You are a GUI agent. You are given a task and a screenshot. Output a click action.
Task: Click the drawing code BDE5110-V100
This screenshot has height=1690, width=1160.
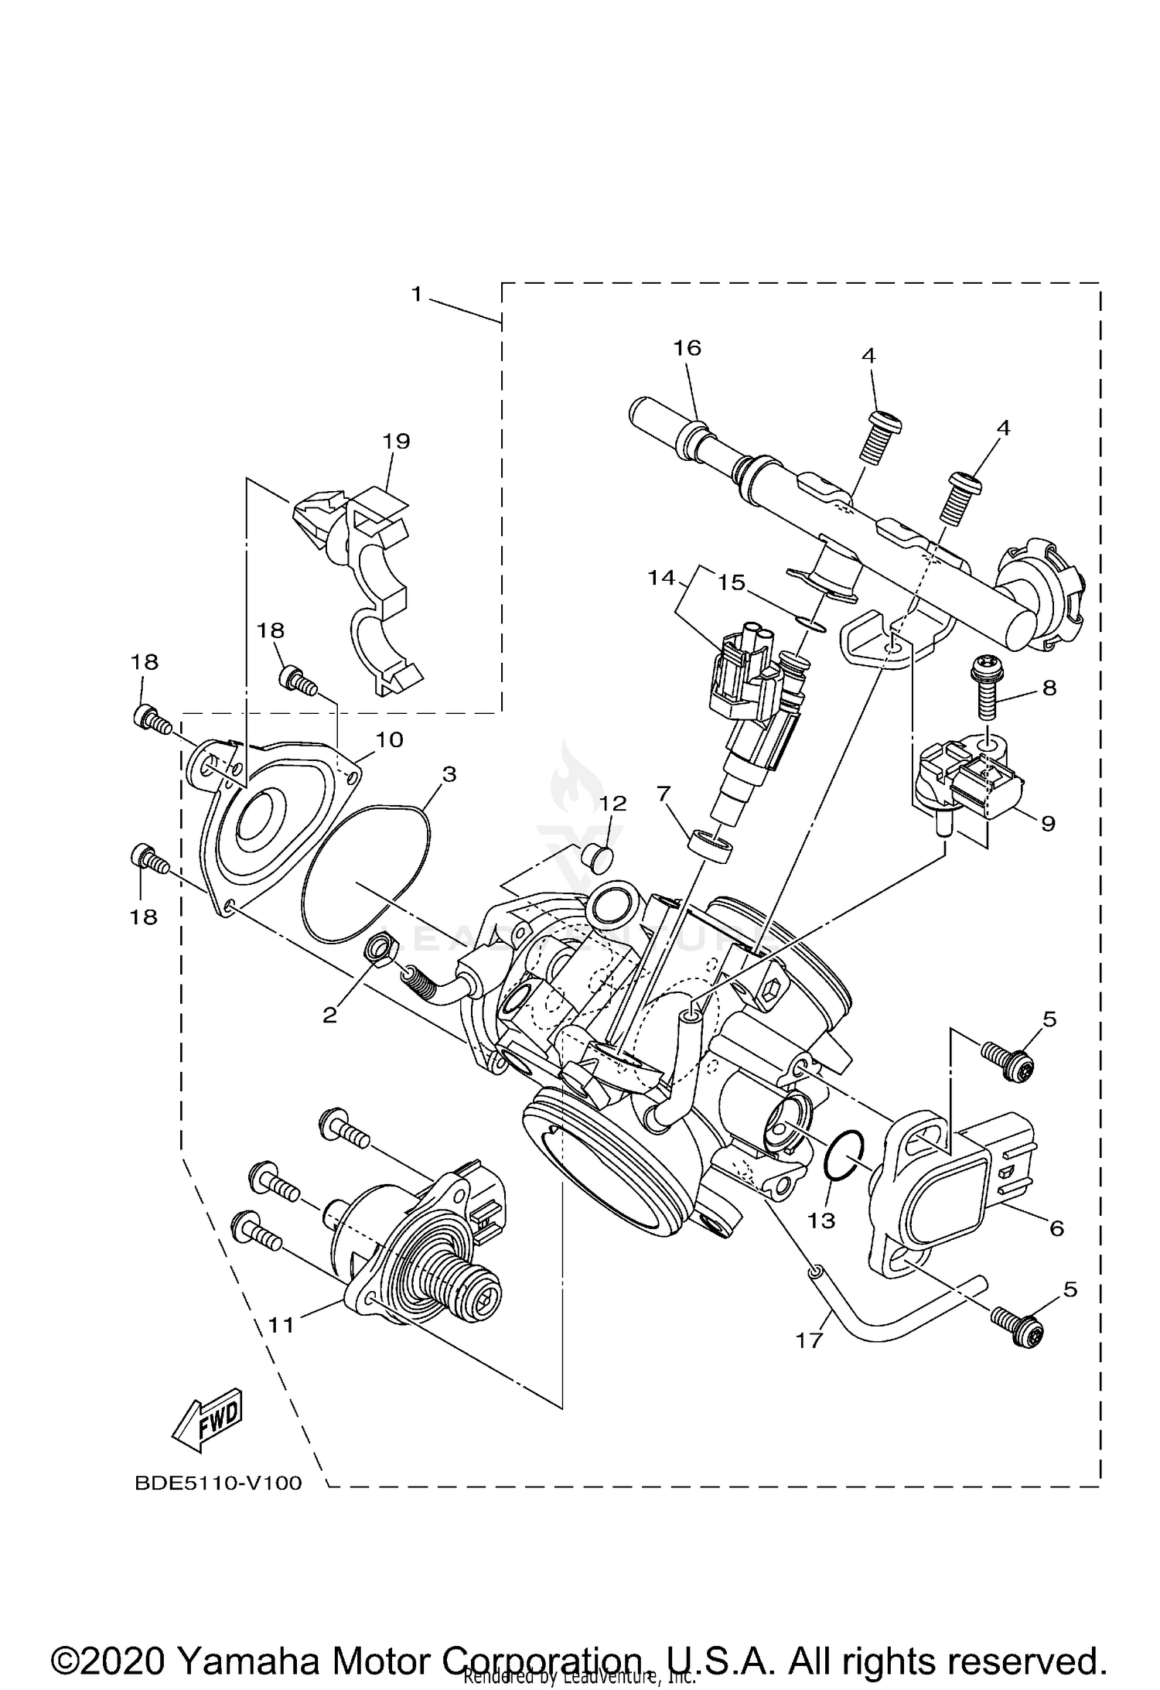(218, 1483)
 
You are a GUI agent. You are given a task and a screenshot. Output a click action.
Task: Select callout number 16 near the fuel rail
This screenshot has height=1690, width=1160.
(687, 349)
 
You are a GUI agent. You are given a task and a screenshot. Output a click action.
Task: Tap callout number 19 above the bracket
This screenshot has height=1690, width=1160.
(396, 442)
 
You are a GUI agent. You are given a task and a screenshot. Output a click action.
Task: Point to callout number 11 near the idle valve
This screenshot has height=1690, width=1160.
(281, 1326)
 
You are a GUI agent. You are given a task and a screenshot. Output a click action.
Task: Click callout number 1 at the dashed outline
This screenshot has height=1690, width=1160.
(417, 295)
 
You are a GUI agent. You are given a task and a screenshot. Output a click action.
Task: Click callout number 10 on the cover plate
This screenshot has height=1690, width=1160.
(389, 740)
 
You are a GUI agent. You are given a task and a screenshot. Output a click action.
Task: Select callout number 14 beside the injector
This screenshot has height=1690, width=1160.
(661, 578)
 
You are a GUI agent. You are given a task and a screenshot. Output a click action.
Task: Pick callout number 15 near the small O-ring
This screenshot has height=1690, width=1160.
(731, 582)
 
